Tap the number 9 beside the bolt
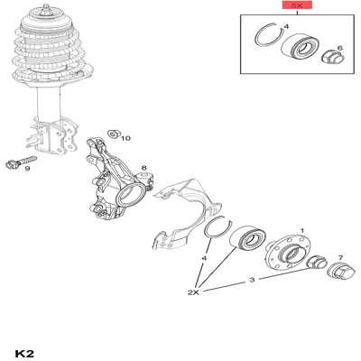tap(27, 169)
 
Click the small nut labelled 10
tap(111, 134)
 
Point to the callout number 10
tap(125, 138)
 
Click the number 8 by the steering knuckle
tap(143, 168)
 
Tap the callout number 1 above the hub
tap(301, 231)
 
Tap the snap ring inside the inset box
tap(268, 42)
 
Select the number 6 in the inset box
tap(339, 48)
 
